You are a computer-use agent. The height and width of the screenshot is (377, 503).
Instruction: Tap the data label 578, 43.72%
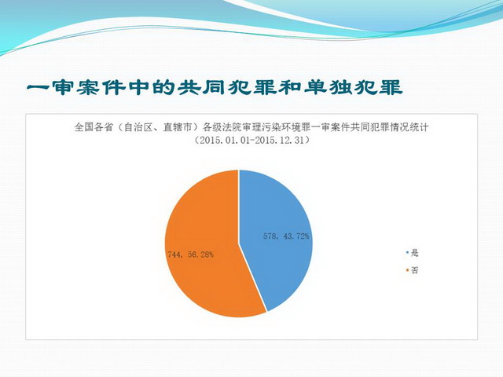(x=286, y=236)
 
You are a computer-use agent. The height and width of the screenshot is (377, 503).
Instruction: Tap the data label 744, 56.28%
(x=190, y=254)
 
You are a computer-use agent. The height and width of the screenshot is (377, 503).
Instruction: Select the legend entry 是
(x=415, y=253)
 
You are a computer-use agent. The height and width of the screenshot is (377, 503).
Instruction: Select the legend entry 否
(x=415, y=270)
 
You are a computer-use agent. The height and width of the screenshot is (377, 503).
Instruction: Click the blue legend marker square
(x=407, y=253)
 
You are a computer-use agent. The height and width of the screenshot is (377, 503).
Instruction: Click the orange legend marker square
(x=407, y=270)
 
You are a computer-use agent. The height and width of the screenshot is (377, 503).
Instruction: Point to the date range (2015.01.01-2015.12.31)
(x=251, y=141)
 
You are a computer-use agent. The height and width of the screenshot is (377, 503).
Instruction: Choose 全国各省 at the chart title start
(x=94, y=127)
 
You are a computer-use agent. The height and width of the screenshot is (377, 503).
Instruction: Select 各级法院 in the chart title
(x=222, y=127)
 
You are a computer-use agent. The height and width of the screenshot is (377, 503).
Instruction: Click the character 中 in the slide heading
(x=138, y=87)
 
